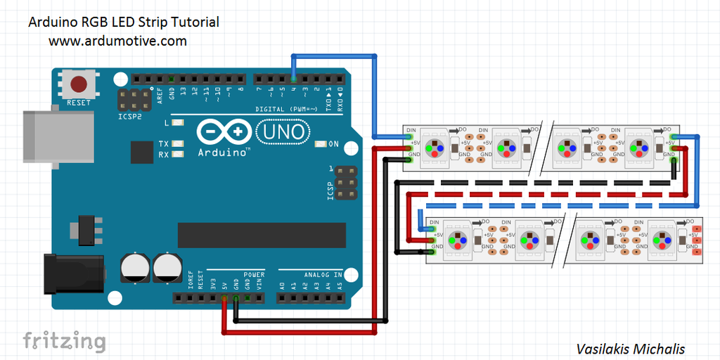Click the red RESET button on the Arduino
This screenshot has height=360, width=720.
(79, 85)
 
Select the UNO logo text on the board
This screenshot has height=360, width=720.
(284, 131)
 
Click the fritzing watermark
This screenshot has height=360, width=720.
(64, 341)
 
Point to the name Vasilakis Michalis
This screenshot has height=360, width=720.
(630, 349)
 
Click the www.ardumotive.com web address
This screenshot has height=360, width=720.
(117, 41)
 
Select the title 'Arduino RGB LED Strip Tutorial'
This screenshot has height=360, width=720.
(123, 22)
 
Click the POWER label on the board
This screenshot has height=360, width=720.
(254, 275)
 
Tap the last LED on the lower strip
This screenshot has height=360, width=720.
(664, 240)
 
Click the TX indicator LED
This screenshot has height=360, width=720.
(178, 143)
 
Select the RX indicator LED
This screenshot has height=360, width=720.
(178, 154)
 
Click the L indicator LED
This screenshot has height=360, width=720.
(178, 123)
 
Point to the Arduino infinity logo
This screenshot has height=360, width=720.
(224, 132)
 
